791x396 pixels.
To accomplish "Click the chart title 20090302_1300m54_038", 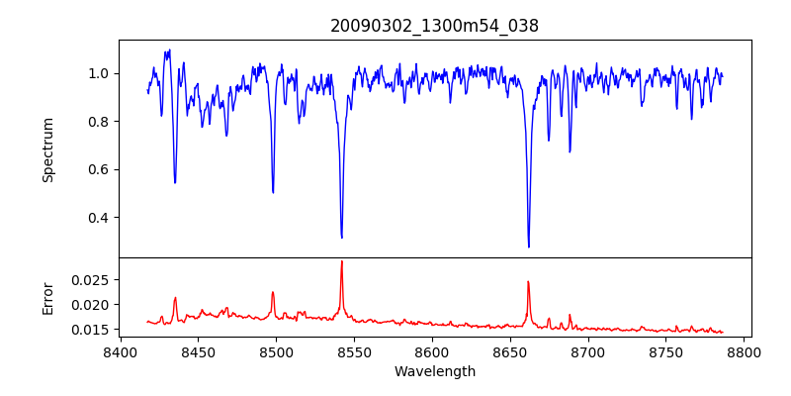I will pyautogui.click(x=434, y=27).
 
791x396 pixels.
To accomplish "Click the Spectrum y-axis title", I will pyautogui.click(x=47, y=149).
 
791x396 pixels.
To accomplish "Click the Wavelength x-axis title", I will pyautogui.click(x=434, y=372).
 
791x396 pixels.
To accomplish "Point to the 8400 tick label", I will pyautogui.click(x=120, y=351).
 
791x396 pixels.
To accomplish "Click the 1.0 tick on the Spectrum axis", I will pyautogui.click(x=100, y=73).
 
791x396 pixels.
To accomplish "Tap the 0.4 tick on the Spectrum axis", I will pyautogui.click(x=100, y=218).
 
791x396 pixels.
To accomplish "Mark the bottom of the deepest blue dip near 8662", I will pyautogui.click(x=529, y=247).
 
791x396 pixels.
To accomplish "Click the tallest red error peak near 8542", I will pyautogui.click(x=341, y=261).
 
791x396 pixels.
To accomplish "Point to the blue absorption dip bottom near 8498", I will pyautogui.click(x=273, y=192).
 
